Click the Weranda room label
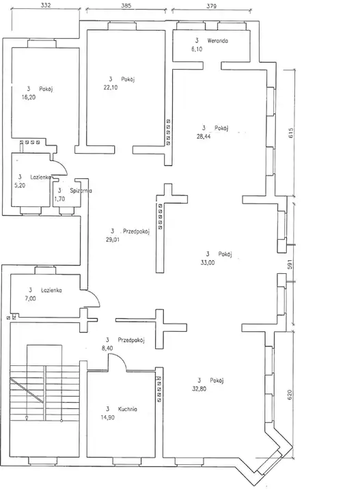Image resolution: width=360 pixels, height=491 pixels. click(x=217, y=41)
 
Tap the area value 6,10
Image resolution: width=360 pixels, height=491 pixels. click(x=197, y=49)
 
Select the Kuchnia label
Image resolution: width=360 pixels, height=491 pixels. click(x=128, y=409)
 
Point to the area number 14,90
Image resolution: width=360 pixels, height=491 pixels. click(x=107, y=417)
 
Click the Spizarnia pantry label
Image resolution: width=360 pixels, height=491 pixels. click(x=81, y=191)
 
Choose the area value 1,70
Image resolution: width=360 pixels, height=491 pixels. click(x=59, y=199)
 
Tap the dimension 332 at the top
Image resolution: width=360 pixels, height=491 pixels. click(x=46, y=5)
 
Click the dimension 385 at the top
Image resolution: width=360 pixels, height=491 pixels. click(x=126, y=5)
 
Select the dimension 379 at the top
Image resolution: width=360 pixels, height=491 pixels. click(x=212, y=6)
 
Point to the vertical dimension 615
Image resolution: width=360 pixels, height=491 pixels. click(x=290, y=133)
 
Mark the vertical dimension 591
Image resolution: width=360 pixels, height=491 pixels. click(x=290, y=264)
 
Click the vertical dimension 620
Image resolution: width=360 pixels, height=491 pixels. click(x=290, y=395)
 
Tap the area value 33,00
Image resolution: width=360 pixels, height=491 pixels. click(x=208, y=263)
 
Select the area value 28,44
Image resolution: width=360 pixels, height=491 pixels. click(x=204, y=137)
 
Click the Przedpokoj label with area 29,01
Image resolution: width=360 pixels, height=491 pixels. click(x=137, y=232)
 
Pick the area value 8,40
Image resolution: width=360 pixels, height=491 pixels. click(x=107, y=348)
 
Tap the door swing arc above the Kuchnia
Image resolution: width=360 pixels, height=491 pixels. click(x=122, y=358)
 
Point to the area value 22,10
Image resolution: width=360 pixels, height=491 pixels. click(x=111, y=87)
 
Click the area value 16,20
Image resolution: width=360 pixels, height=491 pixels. click(x=29, y=98)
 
